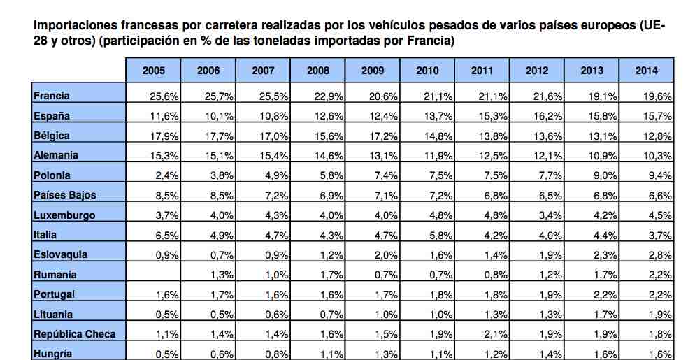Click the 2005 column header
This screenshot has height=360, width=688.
(x=153, y=71)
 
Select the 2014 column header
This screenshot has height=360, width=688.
(x=646, y=71)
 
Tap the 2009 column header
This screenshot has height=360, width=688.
(x=373, y=71)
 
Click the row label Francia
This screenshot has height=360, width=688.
(x=52, y=96)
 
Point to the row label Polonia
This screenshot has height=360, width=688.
(x=52, y=175)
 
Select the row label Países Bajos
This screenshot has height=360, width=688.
(x=64, y=196)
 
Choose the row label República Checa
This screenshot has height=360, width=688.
(x=74, y=334)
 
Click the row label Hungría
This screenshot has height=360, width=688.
(x=53, y=354)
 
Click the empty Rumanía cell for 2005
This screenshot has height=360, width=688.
(x=153, y=275)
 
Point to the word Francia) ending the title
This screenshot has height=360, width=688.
(x=433, y=41)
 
